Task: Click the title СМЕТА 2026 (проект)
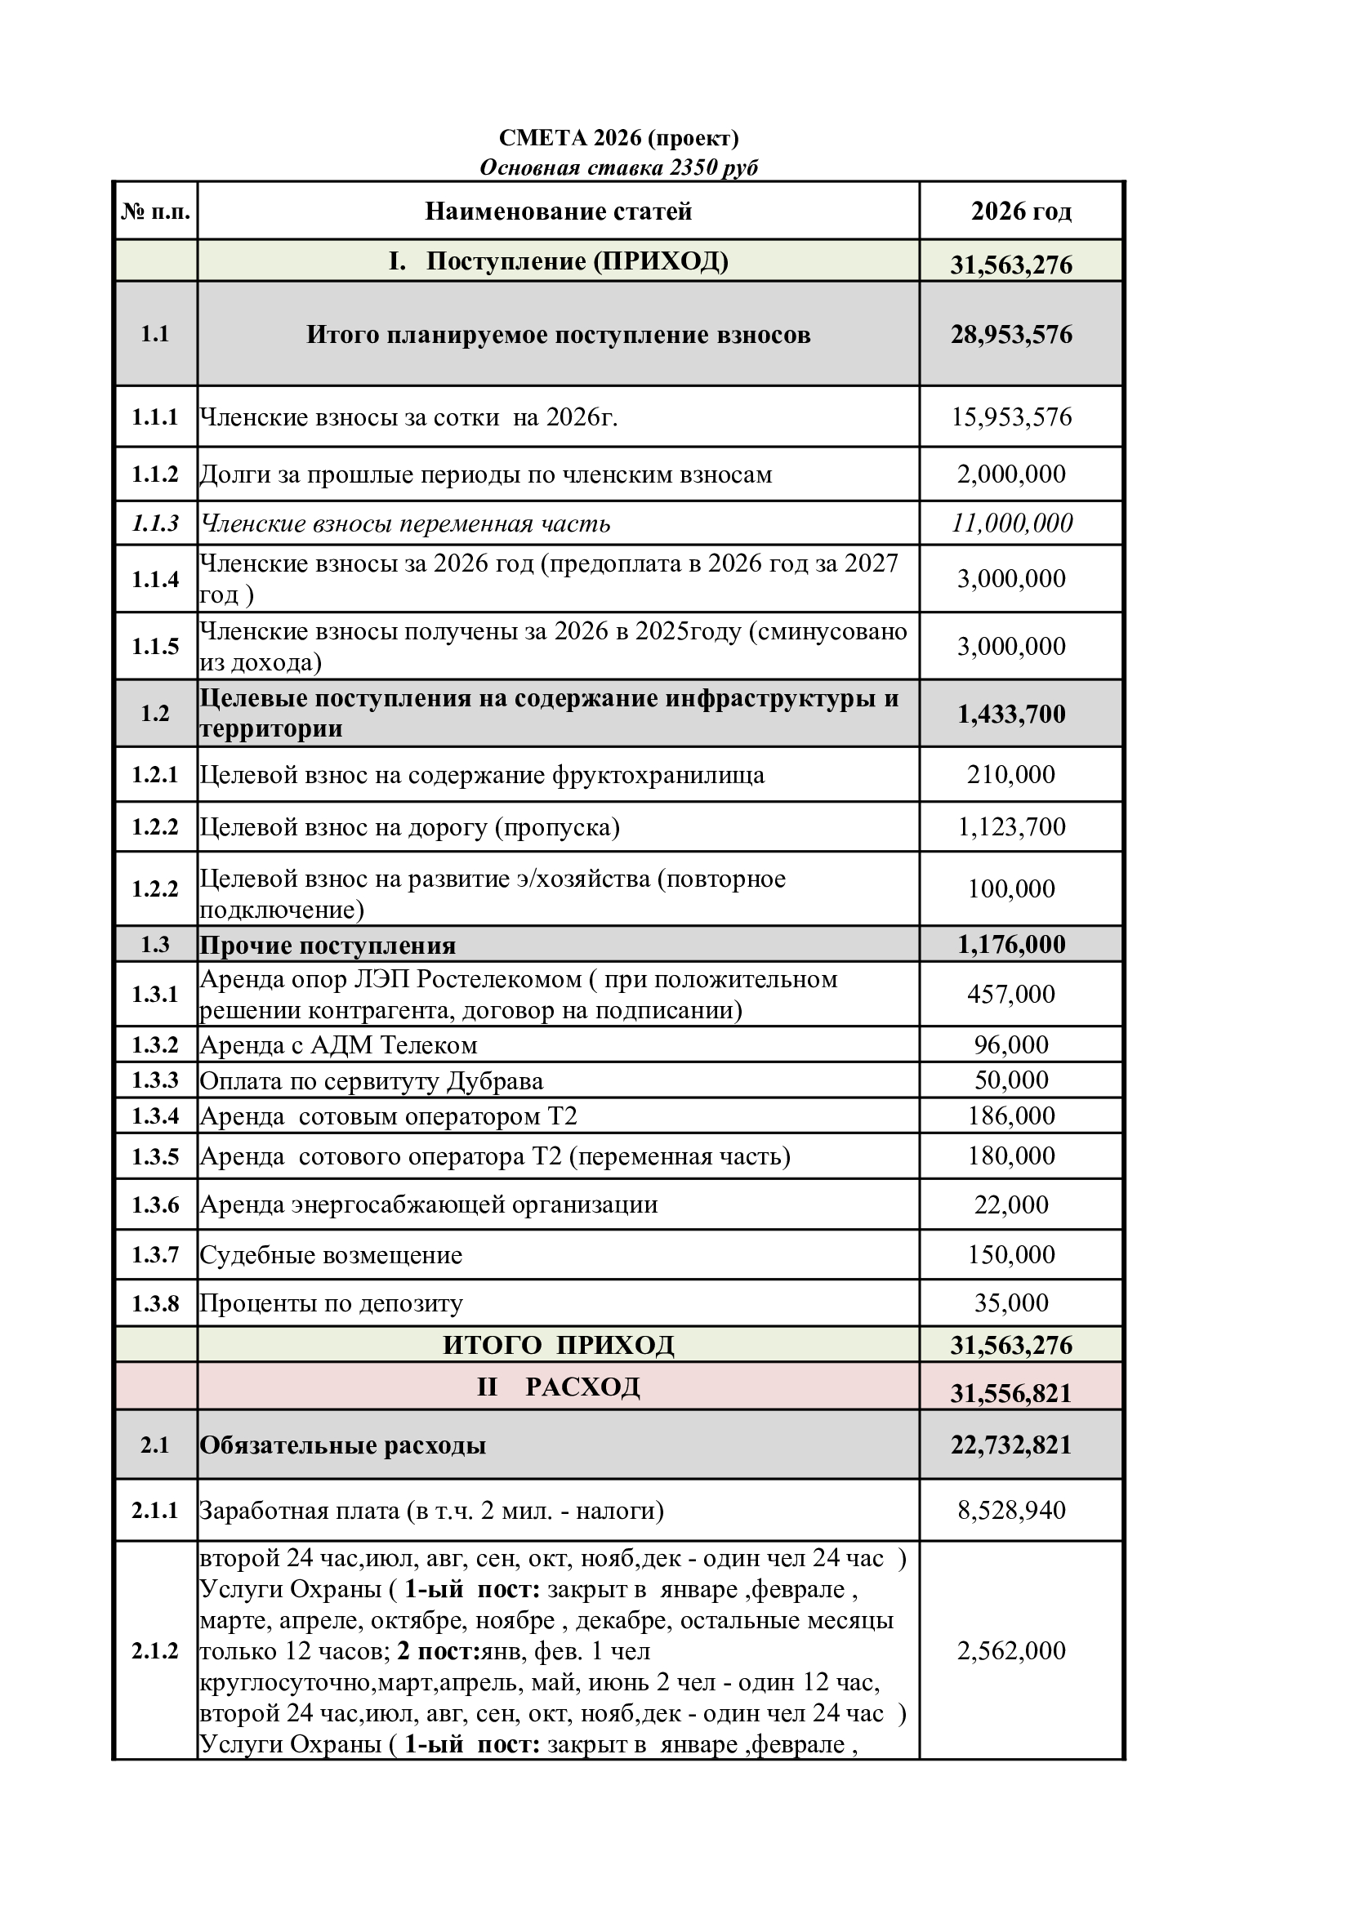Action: click(618, 137)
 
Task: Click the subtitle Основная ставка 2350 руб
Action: click(618, 168)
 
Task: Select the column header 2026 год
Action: click(1021, 211)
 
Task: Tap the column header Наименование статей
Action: click(558, 211)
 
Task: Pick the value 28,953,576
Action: click(1011, 335)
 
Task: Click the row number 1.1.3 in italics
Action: click(155, 523)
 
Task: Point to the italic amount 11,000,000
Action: click(1011, 523)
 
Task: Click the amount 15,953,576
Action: click(1011, 416)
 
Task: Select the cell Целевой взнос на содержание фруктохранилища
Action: click(482, 774)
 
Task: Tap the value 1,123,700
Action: click(1011, 827)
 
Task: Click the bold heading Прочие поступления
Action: click(328, 946)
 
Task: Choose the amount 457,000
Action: click(1011, 994)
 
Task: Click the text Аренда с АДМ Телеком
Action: click(339, 1045)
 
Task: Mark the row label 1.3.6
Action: click(155, 1204)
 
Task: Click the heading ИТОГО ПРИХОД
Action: click(558, 1345)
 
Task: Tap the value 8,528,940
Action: click(1011, 1510)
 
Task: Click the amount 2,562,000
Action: click(1011, 1650)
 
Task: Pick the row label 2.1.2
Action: click(155, 1650)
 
